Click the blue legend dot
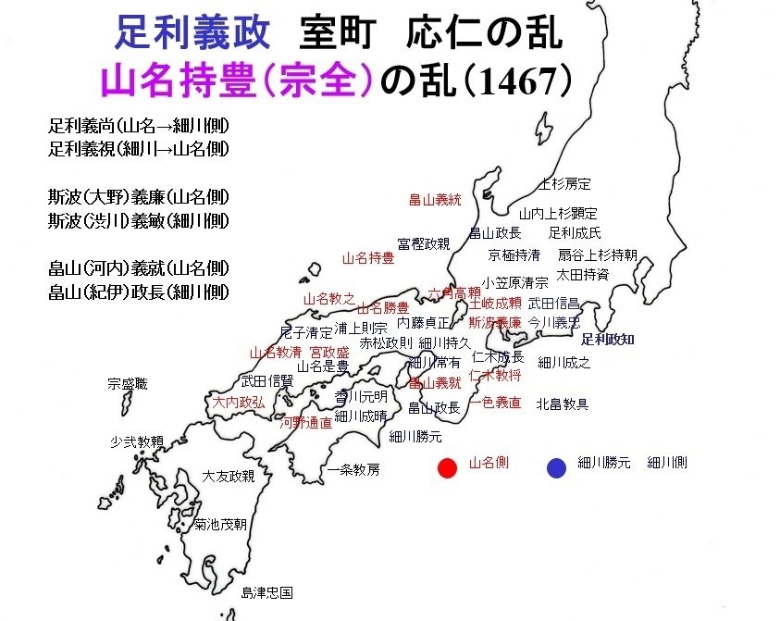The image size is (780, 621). pyautogui.click(x=555, y=467)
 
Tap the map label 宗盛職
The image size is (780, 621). pyautogui.click(x=127, y=383)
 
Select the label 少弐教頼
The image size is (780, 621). pyautogui.click(x=137, y=441)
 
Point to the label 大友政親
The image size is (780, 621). pyautogui.click(x=229, y=476)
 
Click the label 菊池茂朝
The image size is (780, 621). pyautogui.click(x=220, y=524)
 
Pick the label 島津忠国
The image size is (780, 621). pyautogui.click(x=266, y=591)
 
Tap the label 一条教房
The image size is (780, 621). pyautogui.click(x=353, y=469)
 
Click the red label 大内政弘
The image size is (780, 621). pyautogui.click(x=238, y=402)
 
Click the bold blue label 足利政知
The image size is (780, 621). pyautogui.click(x=607, y=340)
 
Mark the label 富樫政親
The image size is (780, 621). pyautogui.click(x=423, y=243)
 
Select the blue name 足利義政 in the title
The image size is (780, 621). pyautogui.click(x=192, y=33)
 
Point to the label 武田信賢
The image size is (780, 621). pyautogui.click(x=266, y=380)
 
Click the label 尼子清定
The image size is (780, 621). pyautogui.click(x=305, y=331)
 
